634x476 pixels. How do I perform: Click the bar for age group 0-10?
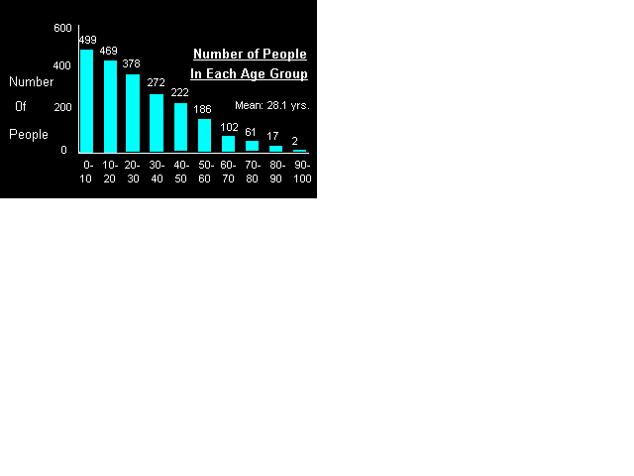tap(87, 100)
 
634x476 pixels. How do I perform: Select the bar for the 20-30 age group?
tap(133, 112)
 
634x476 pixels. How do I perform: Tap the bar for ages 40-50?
tap(180, 127)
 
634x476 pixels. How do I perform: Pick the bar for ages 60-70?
tap(228, 144)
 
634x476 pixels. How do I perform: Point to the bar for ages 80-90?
tap(275, 149)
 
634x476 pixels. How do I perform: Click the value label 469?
tap(109, 51)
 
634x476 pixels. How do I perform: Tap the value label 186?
tap(203, 109)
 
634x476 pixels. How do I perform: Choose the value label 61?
tap(251, 132)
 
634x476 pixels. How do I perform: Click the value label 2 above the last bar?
tap(295, 141)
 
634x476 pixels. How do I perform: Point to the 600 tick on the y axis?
tap(62, 28)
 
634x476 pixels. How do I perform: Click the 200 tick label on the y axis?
tap(62, 107)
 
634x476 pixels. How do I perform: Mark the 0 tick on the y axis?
tap(63, 150)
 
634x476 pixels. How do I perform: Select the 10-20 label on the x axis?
tap(110, 171)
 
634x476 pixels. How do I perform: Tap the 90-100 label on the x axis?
tap(302, 171)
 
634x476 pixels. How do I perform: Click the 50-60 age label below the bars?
tap(205, 171)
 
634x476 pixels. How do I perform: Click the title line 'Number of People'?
tap(250, 55)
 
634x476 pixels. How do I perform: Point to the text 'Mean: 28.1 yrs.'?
tap(272, 105)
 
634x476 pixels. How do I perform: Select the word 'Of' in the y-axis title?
tap(20, 106)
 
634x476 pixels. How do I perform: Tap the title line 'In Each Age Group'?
tap(250, 74)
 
